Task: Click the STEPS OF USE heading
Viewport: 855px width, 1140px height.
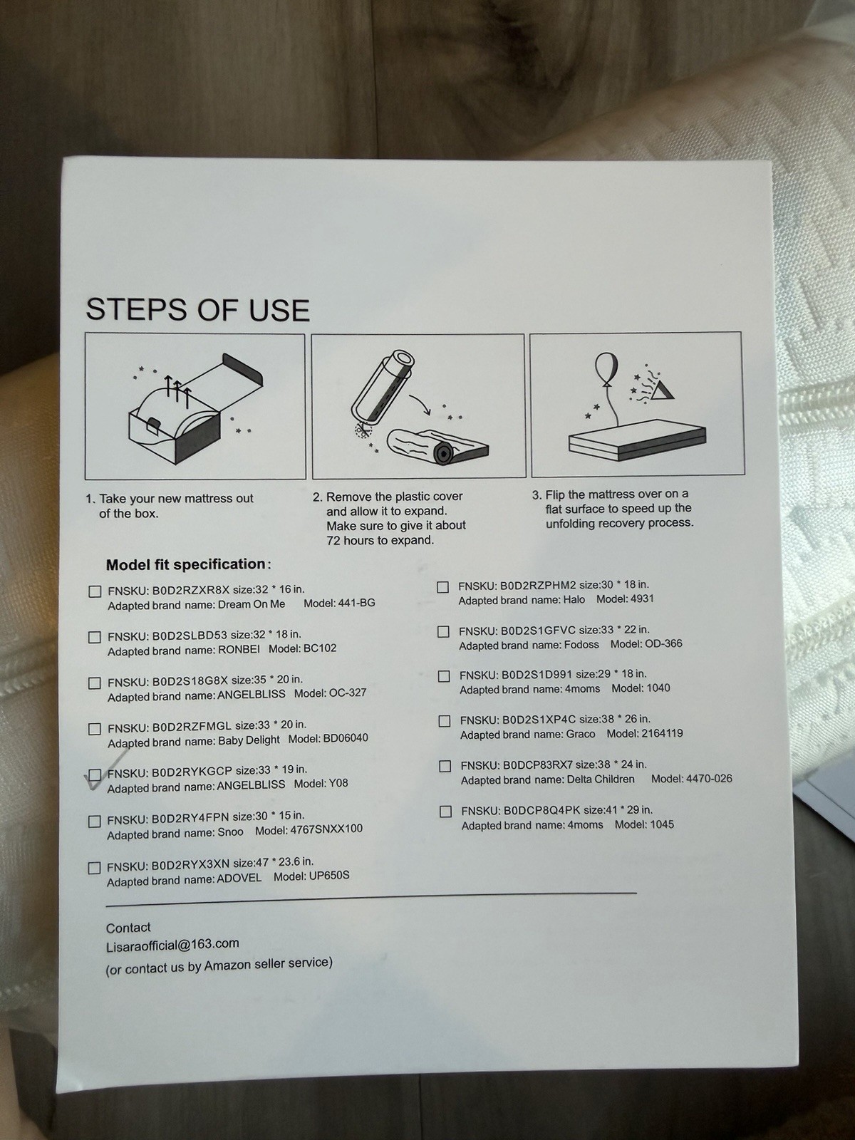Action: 197,310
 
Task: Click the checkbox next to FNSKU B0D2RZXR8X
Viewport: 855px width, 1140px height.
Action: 95,591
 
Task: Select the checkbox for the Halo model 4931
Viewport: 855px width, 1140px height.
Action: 442,587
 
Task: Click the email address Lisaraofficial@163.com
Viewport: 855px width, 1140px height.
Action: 172,943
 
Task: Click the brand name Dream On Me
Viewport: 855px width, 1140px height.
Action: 252,604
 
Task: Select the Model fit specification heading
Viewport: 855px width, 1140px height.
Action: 188,564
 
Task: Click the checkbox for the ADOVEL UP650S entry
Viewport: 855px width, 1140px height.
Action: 94,868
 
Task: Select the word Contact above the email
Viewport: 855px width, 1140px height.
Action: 128,927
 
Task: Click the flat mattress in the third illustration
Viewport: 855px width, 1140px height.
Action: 637,440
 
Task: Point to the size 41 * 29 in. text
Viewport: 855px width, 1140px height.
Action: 618,809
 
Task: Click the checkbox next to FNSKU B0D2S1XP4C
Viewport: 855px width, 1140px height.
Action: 445,721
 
